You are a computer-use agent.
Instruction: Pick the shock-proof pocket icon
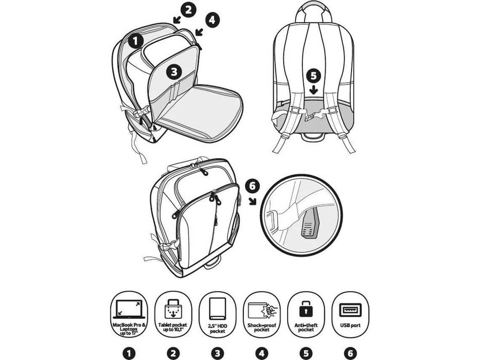coord(262,310)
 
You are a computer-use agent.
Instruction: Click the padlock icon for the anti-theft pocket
coord(306,310)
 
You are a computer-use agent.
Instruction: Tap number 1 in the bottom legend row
coord(129,353)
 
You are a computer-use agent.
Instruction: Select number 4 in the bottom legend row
coord(262,353)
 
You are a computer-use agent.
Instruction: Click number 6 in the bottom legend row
coord(350,353)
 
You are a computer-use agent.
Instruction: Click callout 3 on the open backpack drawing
coord(174,72)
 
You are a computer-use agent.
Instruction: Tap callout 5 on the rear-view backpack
coord(314,76)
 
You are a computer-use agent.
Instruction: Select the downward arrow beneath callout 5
coord(314,90)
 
